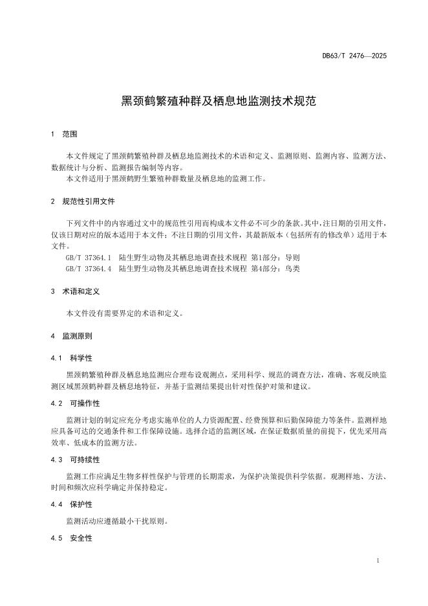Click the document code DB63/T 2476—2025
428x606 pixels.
pos(354,56)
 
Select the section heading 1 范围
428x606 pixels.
pos(64,134)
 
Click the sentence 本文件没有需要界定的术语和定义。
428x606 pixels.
pos(125,313)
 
